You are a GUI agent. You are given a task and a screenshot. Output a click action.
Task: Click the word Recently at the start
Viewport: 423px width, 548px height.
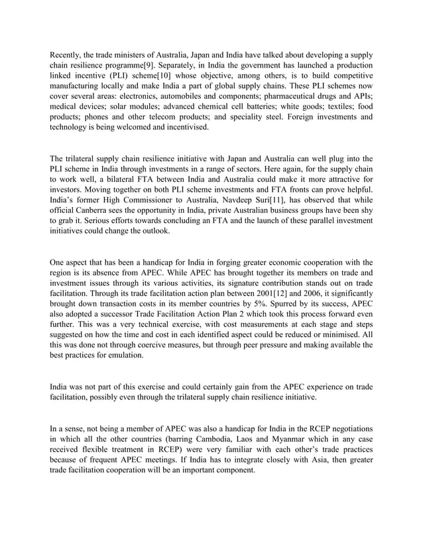coord(69,54)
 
